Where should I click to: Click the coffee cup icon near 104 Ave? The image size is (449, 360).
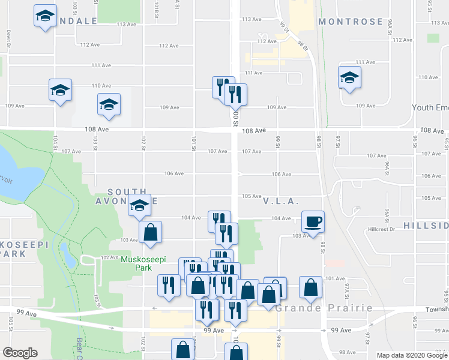312,221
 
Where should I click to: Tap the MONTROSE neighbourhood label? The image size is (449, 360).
351,22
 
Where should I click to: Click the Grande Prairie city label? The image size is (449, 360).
324,308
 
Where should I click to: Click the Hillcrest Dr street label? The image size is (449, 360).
384,229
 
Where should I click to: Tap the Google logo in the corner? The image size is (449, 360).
20,353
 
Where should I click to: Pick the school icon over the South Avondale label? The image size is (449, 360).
139,206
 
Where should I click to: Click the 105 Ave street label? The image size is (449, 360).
251,196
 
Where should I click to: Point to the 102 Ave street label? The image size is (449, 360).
109,257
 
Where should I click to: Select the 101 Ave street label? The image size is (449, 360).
336,278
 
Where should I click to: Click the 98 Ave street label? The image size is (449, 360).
347,352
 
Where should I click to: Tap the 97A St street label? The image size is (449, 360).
346,292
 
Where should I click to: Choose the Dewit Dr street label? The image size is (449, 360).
8,38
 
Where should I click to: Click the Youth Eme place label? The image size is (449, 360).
430,107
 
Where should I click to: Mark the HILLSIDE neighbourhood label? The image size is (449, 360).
426,225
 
